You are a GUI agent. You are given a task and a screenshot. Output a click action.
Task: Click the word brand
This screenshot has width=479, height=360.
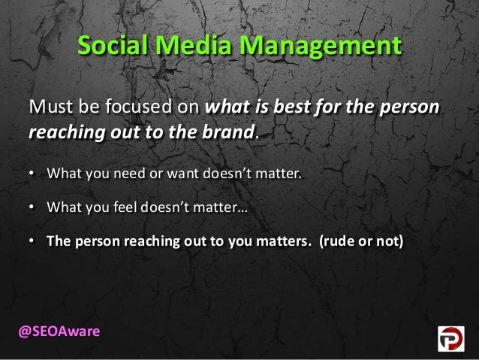point(230,133)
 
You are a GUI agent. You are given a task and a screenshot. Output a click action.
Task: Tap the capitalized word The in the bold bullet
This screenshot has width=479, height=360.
point(59,242)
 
